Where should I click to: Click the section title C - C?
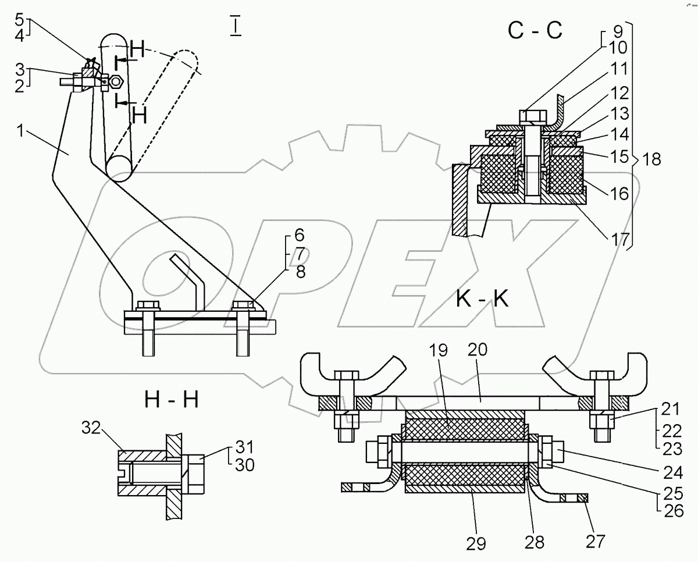[535, 30]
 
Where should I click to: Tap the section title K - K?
[482, 300]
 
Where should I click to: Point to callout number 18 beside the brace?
[653, 160]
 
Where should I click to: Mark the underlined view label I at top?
[235, 27]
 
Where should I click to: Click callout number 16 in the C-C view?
[619, 193]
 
